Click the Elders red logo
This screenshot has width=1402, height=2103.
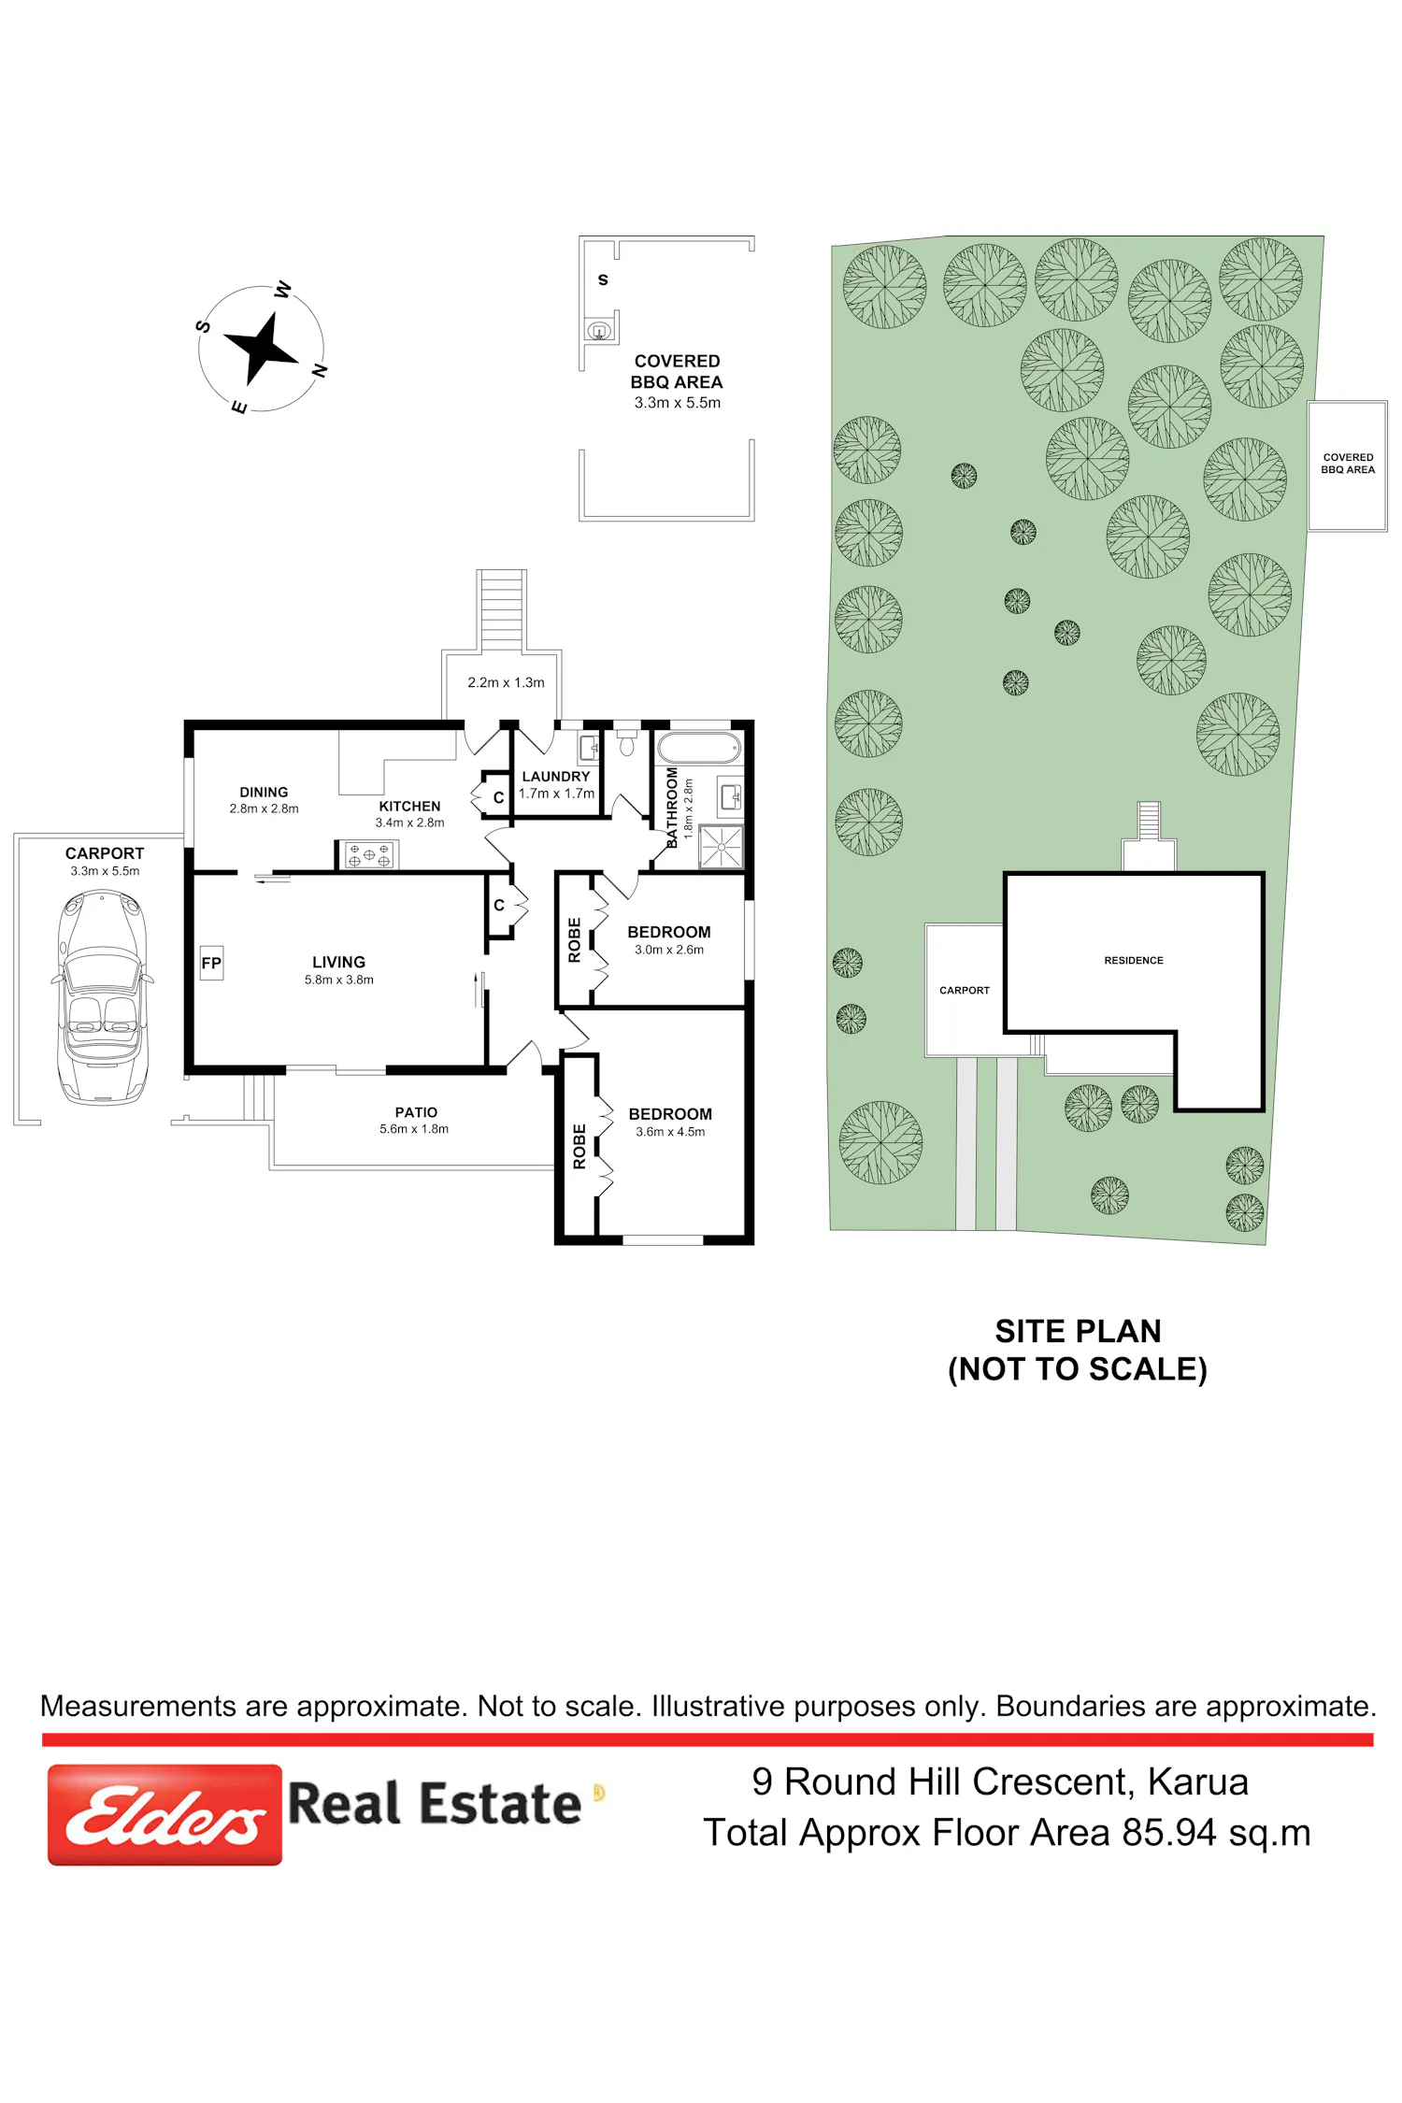point(165,1814)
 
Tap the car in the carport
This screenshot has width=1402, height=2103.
point(102,997)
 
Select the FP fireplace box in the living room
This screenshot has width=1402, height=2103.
point(211,963)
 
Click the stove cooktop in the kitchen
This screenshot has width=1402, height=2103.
point(369,854)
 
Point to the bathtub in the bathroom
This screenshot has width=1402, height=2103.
point(699,748)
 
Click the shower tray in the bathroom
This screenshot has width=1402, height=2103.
point(721,847)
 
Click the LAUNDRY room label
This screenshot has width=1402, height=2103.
point(556,777)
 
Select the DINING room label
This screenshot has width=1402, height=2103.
point(264,792)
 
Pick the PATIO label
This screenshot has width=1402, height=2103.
point(416,1112)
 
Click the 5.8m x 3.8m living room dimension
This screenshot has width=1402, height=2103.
point(339,980)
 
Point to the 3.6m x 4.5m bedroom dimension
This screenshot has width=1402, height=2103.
point(670,1132)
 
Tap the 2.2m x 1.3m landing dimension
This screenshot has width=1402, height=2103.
point(506,682)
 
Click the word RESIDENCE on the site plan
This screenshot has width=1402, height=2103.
point(1134,960)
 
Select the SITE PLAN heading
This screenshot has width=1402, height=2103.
point(1078,1330)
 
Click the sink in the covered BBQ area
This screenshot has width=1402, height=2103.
point(598,330)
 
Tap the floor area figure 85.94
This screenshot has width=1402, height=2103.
point(1169,1833)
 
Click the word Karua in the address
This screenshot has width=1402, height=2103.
point(1197,1781)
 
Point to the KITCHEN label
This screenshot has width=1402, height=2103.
point(409,806)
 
